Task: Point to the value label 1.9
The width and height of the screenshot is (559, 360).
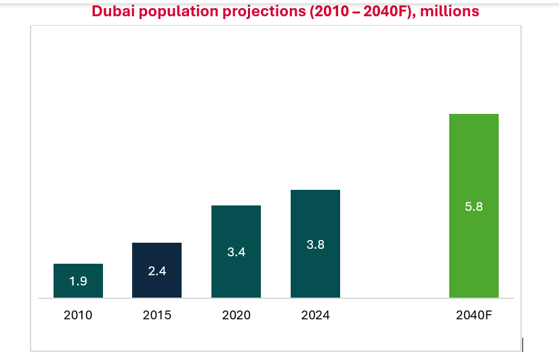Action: [78, 281]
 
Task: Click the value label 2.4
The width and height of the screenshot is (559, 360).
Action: [157, 271]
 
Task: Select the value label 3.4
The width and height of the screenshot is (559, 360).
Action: [236, 252]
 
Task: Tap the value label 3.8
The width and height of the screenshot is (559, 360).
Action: [315, 245]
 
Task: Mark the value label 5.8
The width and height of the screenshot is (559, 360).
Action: [474, 207]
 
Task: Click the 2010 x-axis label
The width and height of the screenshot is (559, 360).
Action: [78, 315]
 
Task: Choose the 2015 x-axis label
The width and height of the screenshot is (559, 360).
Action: [157, 315]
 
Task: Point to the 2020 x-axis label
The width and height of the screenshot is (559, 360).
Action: [236, 315]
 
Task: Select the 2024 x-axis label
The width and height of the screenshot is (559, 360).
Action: [315, 315]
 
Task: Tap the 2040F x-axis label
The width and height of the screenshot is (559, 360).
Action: [474, 315]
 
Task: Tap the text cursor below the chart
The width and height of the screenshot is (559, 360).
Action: [522, 345]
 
